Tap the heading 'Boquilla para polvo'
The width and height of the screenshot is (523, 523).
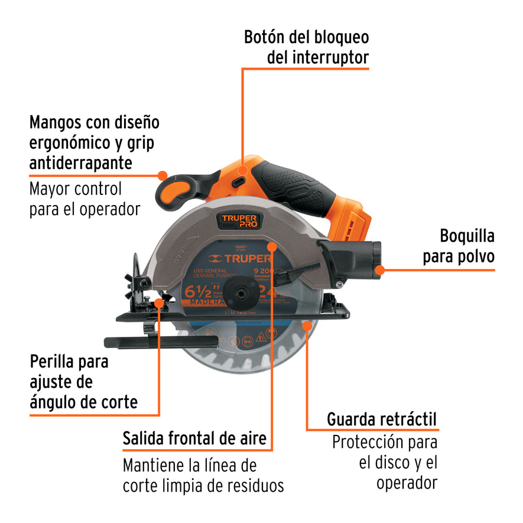pos(467,246)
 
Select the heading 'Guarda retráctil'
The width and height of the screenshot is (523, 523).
pos(382,420)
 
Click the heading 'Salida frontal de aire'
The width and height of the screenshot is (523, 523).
pos(194,439)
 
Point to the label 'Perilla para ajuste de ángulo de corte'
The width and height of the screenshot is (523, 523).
pos(83,382)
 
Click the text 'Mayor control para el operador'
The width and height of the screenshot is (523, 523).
pos(85,199)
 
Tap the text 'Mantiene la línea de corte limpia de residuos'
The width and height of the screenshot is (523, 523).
pos(203,475)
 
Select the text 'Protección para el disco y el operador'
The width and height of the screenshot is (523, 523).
pos(385,462)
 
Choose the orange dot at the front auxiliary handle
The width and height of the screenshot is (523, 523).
pos(161,175)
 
